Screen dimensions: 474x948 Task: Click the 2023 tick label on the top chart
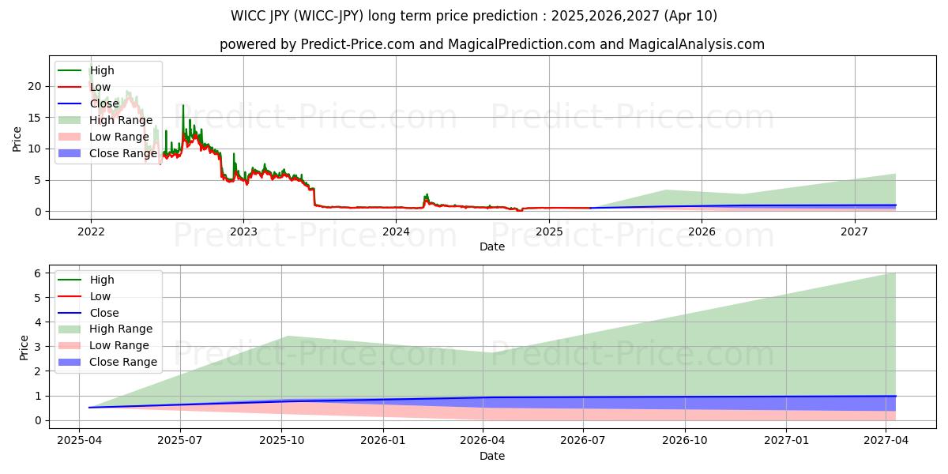pyautogui.click(x=243, y=231)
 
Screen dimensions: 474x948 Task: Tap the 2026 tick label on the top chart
pyautogui.click(x=702, y=231)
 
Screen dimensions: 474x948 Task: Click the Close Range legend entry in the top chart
pyautogui.click(x=122, y=153)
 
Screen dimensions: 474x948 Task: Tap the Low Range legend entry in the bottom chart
pyautogui.click(x=118, y=345)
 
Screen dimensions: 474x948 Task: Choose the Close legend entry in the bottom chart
pyautogui.click(x=103, y=313)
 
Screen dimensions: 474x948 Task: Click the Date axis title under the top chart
pyautogui.click(x=492, y=246)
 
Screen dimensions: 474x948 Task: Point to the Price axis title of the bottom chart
pyautogui.click(x=24, y=348)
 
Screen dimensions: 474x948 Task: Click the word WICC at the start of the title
pyautogui.click(x=248, y=16)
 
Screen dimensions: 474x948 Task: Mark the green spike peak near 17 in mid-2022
pyautogui.click(x=183, y=105)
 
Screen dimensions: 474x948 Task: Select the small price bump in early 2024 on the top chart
pyautogui.click(x=427, y=194)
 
